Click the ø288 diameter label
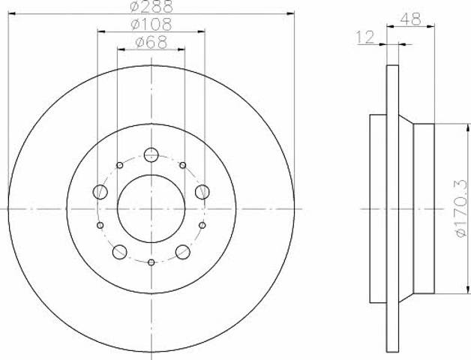point(151,7)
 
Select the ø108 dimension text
point(151,24)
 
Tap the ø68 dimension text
point(151,42)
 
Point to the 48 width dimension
point(410,19)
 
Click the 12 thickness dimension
point(365,37)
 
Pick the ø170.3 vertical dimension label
point(462,208)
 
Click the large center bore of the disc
point(151,208)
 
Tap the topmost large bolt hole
point(151,154)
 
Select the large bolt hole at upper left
point(100,192)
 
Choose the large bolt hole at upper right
point(202,192)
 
